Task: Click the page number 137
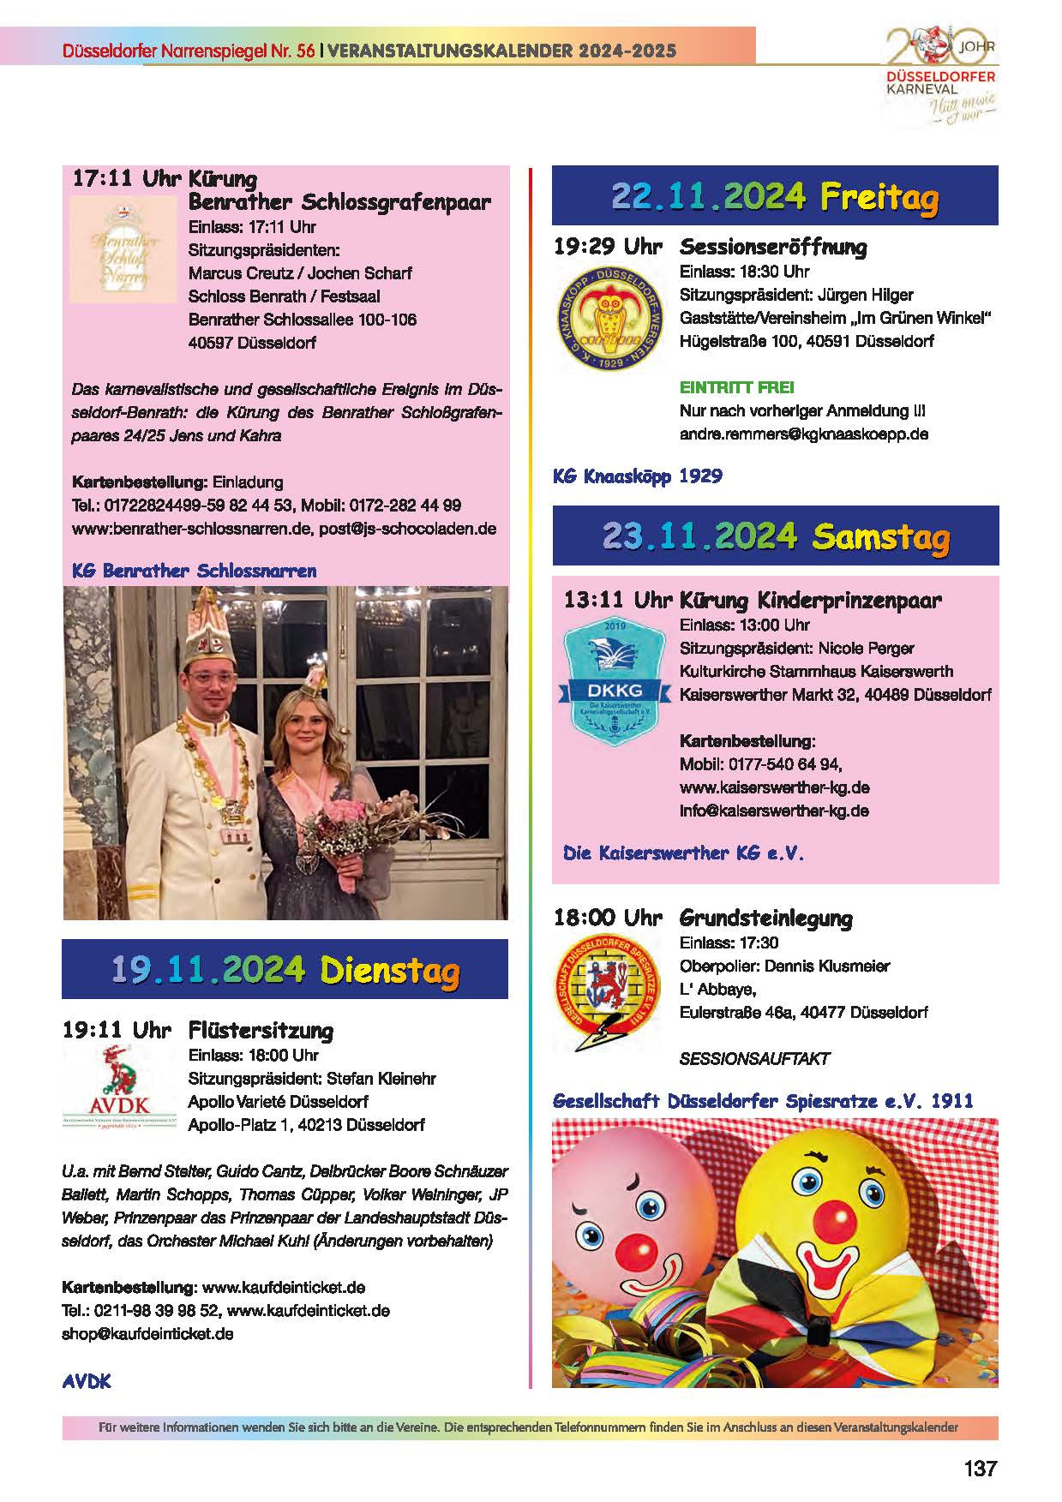click(x=980, y=1468)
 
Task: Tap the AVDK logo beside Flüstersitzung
click(x=107, y=1087)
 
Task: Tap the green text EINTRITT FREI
click(x=736, y=387)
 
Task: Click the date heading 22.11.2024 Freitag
click(x=775, y=197)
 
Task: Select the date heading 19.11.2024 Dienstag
click(x=285, y=970)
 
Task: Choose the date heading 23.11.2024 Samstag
click(x=775, y=536)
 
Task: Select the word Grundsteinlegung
click(x=765, y=919)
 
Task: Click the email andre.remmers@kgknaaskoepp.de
click(x=803, y=434)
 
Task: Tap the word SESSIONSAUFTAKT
click(x=754, y=1058)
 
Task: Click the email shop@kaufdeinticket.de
click(x=147, y=1333)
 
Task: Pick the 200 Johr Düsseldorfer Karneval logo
click(x=941, y=77)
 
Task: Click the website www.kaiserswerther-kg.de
click(x=774, y=787)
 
